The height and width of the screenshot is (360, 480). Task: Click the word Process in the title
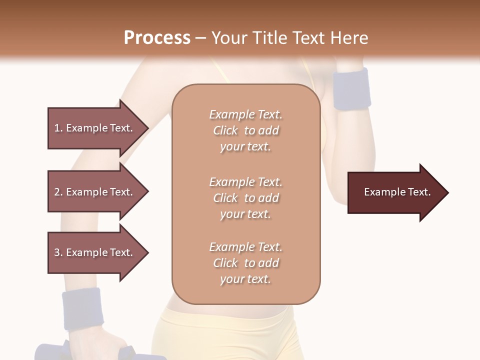pyautogui.click(x=157, y=38)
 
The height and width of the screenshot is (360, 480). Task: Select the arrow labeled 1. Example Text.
pyautogui.click(x=95, y=128)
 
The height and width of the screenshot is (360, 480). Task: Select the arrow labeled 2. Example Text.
pyautogui.click(x=95, y=192)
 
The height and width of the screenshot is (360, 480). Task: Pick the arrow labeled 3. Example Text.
pyautogui.click(x=95, y=252)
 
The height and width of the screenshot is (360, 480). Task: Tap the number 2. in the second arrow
pyautogui.click(x=58, y=192)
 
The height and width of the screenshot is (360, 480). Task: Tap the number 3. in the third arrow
pyautogui.click(x=58, y=252)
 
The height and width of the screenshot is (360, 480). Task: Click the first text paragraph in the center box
pyautogui.click(x=245, y=130)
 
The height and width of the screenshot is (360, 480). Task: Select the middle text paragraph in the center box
pyautogui.click(x=245, y=198)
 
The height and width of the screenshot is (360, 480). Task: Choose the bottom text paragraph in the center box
pyautogui.click(x=245, y=263)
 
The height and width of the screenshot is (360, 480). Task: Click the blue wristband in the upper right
pyautogui.click(x=352, y=89)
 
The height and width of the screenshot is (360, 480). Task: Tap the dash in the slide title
pyautogui.click(x=200, y=38)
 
